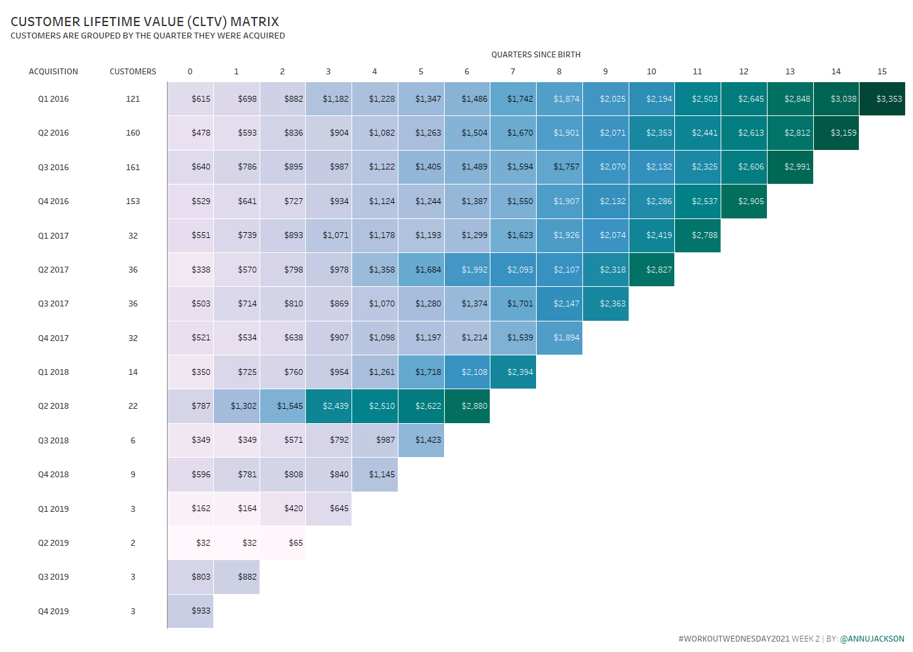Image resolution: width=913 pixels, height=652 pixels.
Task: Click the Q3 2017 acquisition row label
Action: click(53, 304)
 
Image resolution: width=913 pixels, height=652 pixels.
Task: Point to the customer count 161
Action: click(133, 168)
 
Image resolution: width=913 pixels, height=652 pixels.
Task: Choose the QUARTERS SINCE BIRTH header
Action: click(535, 55)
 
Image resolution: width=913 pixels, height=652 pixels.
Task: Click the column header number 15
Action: click(882, 72)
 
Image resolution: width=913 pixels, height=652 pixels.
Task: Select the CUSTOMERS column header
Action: click(133, 72)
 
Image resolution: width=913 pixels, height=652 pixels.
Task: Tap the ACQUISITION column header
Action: click(53, 72)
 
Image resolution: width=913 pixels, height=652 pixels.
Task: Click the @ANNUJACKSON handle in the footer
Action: click(872, 639)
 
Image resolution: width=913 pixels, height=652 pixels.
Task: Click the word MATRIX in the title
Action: click(254, 22)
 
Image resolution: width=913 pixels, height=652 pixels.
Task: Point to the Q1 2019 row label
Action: click(53, 509)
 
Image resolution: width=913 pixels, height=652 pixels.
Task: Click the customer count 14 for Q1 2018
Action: click(133, 372)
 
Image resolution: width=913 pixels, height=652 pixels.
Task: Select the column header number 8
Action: click(559, 72)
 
